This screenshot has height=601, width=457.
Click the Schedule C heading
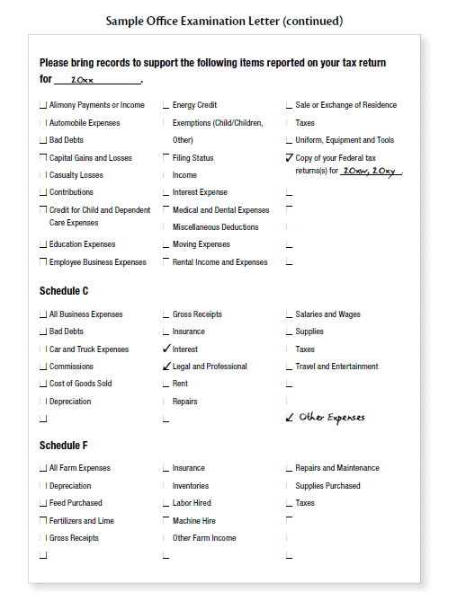[64, 291]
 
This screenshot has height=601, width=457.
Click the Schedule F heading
[64, 446]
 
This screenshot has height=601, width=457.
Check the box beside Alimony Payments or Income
[43, 105]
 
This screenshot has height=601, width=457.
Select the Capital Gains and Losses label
[90, 157]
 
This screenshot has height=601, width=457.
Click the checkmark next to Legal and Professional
[166, 367]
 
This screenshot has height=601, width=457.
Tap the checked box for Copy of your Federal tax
[289, 157]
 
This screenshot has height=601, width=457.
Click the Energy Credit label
[194, 105]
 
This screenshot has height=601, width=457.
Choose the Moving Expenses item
[201, 244]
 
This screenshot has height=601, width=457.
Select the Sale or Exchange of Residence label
[345, 105]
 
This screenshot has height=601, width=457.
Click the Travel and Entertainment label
[336, 367]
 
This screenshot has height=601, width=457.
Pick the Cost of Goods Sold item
[80, 384]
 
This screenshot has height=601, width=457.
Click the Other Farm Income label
[204, 538]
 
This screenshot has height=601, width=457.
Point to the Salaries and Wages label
[327, 314]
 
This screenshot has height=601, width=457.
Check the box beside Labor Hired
[166, 503]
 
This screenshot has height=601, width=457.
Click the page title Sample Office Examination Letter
[224, 20]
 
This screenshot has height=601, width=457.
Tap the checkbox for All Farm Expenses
[43, 468]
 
